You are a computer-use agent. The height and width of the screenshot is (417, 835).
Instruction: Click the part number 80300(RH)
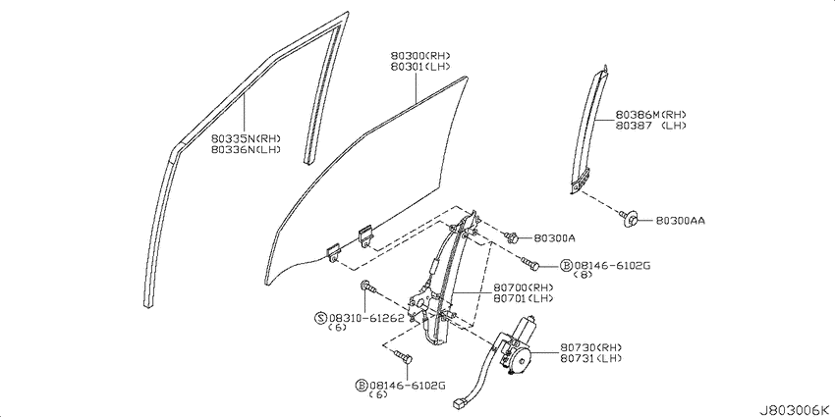(x=420, y=56)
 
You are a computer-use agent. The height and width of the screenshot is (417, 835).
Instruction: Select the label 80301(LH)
(x=420, y=67)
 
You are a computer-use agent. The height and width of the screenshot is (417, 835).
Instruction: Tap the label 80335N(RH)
(x=246, y=138)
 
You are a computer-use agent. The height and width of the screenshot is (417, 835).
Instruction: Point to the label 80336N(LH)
(x=246, y=149)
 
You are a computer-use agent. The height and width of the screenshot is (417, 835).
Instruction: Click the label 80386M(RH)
(x=650, y=115)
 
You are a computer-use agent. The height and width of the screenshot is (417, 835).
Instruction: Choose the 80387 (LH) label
(x=650, y=126)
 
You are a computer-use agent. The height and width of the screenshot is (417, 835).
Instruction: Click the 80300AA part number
(x=680, y=220)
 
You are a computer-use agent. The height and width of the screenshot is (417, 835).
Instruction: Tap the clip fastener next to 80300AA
(x=630, y=218)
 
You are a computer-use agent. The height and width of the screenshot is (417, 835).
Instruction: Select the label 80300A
(x=554, y=238)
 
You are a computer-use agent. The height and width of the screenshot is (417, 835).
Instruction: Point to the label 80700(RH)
(x=523, y=287)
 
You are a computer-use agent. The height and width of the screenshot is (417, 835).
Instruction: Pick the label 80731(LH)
(x=590, y=358)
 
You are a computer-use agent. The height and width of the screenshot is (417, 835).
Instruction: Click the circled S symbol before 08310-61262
(x=320, y=318)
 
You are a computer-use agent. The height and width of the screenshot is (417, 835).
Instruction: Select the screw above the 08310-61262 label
(x=368, y=287)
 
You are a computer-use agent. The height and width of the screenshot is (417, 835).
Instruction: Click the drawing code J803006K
(x=796, y=410)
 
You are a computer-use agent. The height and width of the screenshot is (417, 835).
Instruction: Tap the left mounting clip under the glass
(x=334, y=252)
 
